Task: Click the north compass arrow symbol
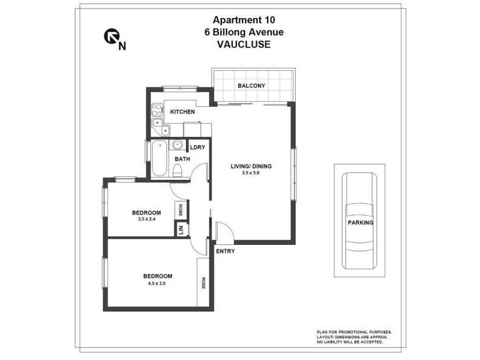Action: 111,38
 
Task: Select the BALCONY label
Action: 251,86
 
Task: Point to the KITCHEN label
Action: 182,112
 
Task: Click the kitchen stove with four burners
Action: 157,110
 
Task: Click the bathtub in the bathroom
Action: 158,158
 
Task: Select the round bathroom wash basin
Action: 178,145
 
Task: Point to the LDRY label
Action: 198,147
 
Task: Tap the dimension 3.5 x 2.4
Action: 146,218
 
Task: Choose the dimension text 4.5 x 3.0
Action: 157,283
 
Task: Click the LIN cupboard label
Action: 179,229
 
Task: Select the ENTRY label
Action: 225,251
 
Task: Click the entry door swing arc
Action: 223,230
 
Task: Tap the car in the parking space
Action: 359,222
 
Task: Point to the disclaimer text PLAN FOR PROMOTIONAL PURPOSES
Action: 355,332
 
